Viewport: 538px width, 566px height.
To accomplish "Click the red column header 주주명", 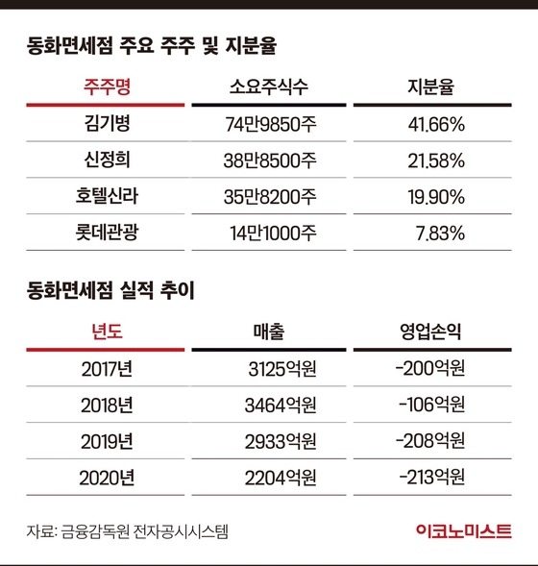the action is point(108,87).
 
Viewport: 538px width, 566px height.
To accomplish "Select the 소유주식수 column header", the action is point(269,87).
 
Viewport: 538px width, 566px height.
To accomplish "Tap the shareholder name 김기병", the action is point(108,123).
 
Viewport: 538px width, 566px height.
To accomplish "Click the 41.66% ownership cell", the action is point(436,125).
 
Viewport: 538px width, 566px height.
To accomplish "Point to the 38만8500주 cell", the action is point(270,160).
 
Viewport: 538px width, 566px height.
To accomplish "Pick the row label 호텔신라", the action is point(107,196).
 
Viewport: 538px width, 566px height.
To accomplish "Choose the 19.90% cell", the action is point(436,197).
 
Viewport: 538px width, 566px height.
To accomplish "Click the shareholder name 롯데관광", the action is point(107,233).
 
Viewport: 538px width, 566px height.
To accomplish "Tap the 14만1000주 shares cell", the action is point(273,234).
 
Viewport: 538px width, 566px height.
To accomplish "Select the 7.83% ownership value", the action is point(440,234).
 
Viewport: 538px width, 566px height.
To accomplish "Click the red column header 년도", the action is point(108,332).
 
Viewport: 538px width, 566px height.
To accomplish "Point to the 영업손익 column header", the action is point(430,332).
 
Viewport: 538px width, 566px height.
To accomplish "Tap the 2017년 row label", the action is point(107,369).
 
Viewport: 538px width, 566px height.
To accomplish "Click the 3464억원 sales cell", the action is point(281,406).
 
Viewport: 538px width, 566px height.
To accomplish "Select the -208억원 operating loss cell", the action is point(430,441).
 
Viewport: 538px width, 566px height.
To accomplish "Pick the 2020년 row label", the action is point(107,478).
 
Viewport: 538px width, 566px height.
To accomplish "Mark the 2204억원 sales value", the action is point(281,478).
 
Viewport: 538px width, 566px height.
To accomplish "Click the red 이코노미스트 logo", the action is point(464,531).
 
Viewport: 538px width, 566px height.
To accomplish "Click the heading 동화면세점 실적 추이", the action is point(110,290).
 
